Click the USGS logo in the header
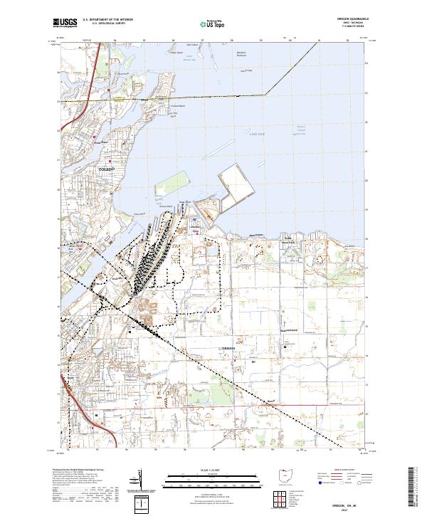pyautogui.click(x=65, y=23)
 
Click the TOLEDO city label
pyautogui.click(x=105, y=169)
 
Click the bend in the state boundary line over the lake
pyautogui.click(x=266, y=93)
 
